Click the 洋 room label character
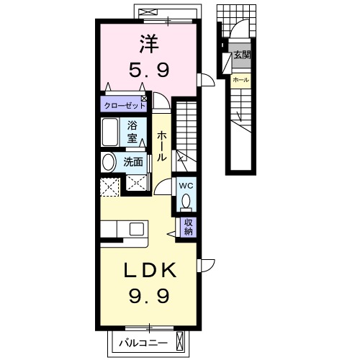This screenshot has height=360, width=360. tap(149, 44)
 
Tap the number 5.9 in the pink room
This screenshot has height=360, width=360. tap(149, 70)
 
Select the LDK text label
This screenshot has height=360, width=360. tap(150, 270)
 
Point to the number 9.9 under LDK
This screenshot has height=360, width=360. tap(149, 296)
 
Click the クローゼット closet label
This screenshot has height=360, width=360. tap(125, 106)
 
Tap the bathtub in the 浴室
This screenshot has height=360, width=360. tap(109, 132)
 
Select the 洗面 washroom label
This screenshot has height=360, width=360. tap(133, 162)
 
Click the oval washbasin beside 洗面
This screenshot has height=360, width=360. tap(108, 163)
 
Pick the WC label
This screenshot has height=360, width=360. tap(186, 186)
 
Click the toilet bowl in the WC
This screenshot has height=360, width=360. tap(186, 201)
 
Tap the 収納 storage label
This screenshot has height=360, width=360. tap(189, 227)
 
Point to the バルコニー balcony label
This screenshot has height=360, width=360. tap(143, 343)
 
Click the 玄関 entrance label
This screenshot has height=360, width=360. tap(243, 55)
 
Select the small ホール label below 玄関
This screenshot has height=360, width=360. tap(240, 80)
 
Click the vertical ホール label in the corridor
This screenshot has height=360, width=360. tap(161, 146)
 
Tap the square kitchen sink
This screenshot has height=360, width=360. tap(137, 229)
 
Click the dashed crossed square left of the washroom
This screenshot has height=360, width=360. tap(109, 187)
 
